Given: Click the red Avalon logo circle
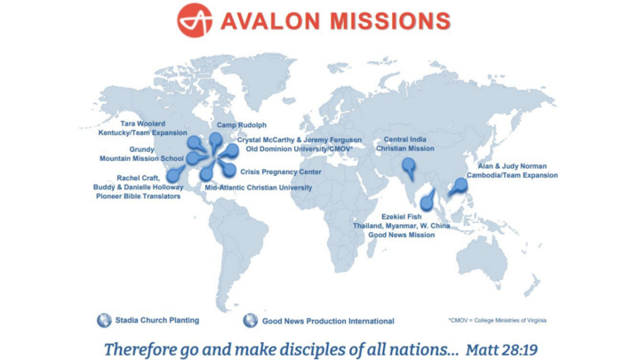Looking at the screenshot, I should coord(195,20).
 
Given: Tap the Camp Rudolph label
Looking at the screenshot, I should coord(242,125).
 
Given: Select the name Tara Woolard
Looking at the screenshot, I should coord(143,124).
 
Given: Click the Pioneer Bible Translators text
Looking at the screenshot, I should coord(139,196).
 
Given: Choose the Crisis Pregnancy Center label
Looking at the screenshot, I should coord(281,172).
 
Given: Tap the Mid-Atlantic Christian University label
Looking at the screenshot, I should coord(259,188).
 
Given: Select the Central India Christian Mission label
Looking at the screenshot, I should coord(409,144).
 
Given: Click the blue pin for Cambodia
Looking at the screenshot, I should coord(459,185).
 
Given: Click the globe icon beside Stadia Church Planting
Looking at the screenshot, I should coord(104,320).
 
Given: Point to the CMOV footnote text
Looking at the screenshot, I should coord(497,320).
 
